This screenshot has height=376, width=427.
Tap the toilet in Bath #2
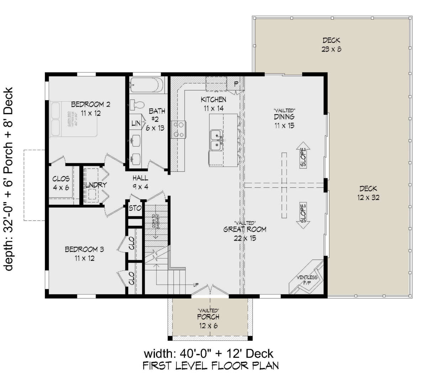(x=137, y=105)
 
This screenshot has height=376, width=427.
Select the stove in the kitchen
(x=178, y=129)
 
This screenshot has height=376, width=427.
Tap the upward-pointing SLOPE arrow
(x=303, y=157)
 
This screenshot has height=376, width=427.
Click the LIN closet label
(x=136, y=124)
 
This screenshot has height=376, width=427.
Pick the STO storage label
(x=135, y=208)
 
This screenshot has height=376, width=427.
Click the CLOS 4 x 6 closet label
(x=61, y=183)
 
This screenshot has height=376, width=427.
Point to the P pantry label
(x=236, y=84)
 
